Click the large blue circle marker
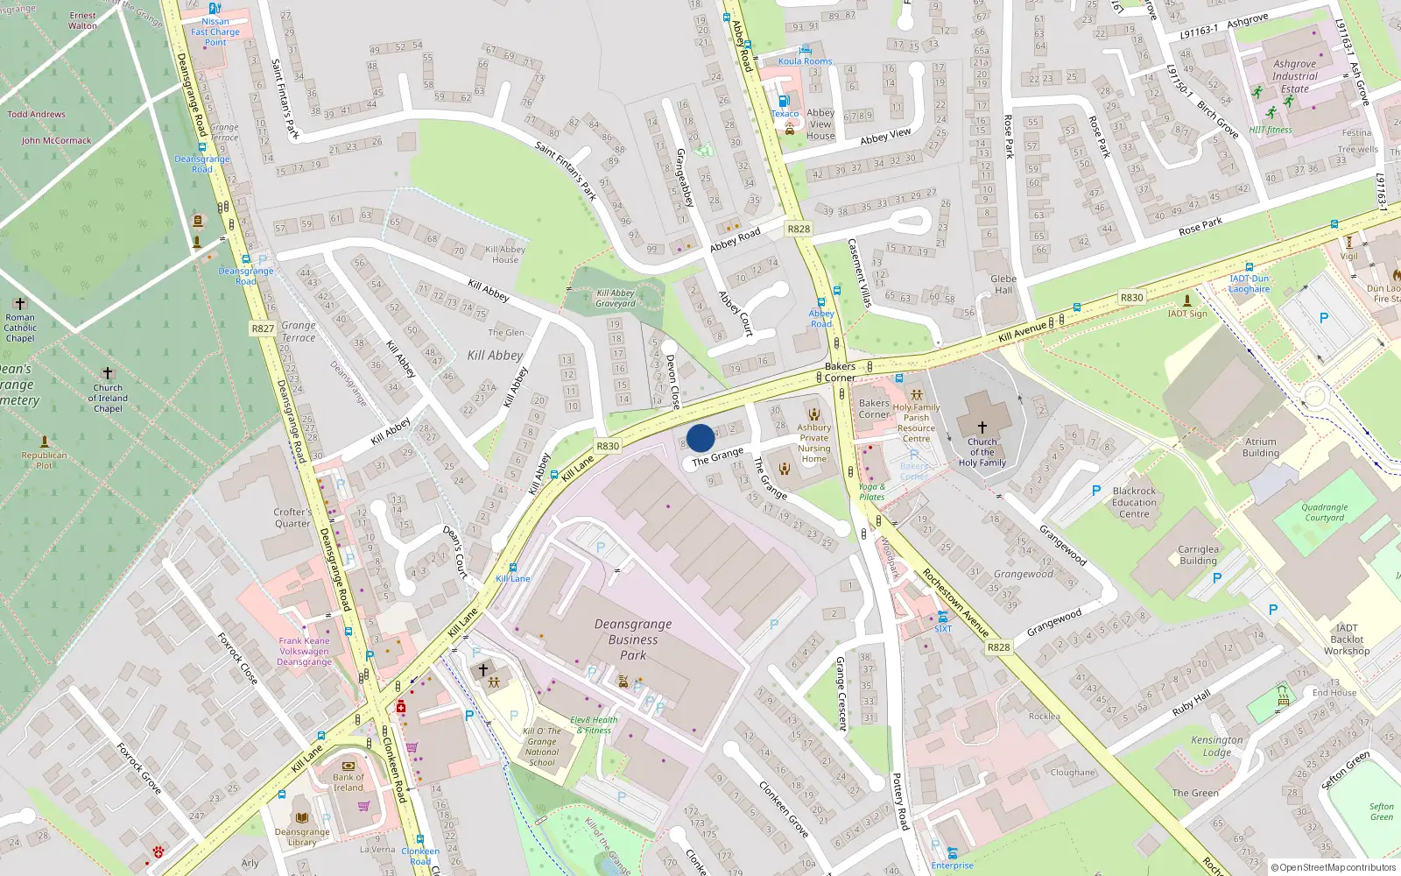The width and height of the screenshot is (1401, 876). tap(700, 438)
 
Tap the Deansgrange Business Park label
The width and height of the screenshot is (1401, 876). tap(633, 639)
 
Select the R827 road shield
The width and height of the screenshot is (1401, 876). tap(263, 328)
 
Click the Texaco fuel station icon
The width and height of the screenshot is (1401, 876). tap(785, 101)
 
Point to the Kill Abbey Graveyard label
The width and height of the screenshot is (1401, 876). tap(616, 299)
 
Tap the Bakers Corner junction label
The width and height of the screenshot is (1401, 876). tap(840, 372)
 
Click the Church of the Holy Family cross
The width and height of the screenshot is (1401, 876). tap(982, 427)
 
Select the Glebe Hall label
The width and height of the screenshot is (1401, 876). tap(1003, 285)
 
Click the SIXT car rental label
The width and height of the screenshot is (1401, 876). tap(943, 628)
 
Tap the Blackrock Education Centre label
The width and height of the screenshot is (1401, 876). tap(1134, 502)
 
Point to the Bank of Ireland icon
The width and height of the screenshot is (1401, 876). tap(348, 765)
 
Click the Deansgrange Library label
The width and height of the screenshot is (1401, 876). tap(302, 837)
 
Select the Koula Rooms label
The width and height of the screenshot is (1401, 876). tap(805, 61)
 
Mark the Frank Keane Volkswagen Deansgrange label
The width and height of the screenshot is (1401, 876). tap(305, 651)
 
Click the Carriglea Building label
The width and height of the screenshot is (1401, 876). tap(1198, 555)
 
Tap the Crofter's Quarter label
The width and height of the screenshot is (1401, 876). tap(292, 518)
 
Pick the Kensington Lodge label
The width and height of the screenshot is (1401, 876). tap(1216, 745)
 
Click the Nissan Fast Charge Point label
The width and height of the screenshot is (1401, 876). tap(215, 32)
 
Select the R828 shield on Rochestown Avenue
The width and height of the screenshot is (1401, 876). tap(998, 647)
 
